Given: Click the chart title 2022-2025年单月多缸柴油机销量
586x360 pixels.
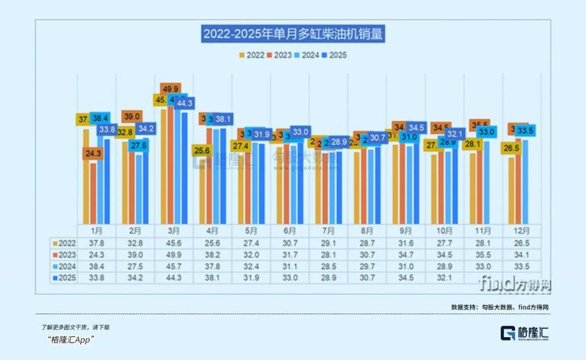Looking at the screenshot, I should click(293, 34).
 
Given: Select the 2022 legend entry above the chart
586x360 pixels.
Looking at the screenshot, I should click(252, 56).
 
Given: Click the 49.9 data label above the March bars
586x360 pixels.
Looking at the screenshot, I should click(171, 89).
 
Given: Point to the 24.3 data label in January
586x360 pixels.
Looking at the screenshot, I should click(93, 154).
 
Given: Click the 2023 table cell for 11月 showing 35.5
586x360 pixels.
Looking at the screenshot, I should click(482, 254).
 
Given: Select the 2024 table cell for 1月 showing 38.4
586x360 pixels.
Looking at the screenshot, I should click(97, 266).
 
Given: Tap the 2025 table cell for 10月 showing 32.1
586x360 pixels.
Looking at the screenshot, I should click(444, 278).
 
